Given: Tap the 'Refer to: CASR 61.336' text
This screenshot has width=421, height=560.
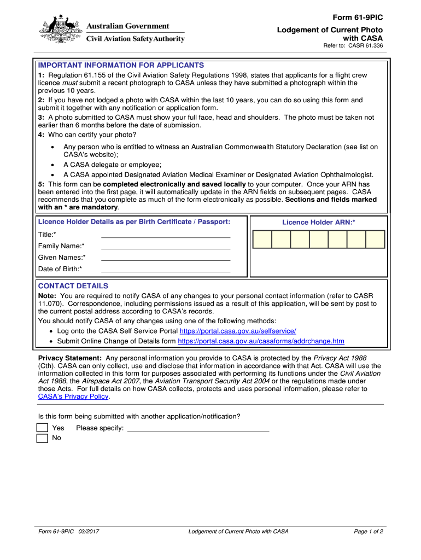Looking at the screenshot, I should [x=353, y=46].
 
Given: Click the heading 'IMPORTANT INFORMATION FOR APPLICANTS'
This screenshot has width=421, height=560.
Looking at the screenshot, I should [x=121, y=65].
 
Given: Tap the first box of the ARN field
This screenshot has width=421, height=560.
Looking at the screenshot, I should [x=262, y=240].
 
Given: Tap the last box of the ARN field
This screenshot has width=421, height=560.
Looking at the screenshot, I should [x=375, y=240].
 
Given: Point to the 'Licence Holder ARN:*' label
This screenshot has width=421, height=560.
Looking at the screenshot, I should [x=319, y=223].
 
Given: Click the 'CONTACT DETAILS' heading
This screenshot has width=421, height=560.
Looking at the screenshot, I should [x=73, y=286].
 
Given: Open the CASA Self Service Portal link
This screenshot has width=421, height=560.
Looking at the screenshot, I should [x=238, y=331].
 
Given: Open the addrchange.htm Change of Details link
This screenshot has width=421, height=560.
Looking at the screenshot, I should [x=261, y=341].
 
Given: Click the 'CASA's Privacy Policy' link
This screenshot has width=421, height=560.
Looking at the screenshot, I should [x=73, y=396].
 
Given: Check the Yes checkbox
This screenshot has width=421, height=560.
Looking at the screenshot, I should [x=42, y=428].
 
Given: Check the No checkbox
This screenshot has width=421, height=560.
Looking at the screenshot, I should [x=42, y=439].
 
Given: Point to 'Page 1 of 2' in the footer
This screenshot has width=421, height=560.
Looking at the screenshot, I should [x=369, y=532].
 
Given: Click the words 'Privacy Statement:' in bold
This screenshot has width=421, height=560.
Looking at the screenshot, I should [x=69, y=358].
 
